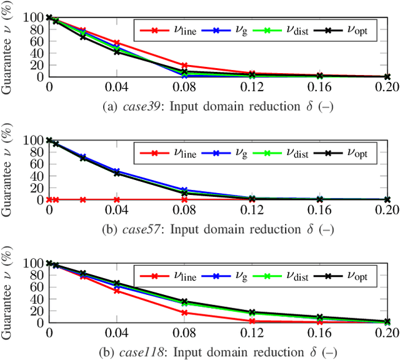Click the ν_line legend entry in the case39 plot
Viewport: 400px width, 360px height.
[169, 29]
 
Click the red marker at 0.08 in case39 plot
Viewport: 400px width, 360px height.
[184, 65]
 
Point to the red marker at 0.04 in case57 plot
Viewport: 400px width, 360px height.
[117, 199]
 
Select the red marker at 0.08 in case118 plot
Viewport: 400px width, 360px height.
[184, 312]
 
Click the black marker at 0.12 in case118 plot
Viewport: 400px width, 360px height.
[252, 312]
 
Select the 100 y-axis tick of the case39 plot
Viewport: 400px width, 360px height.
[34, 17]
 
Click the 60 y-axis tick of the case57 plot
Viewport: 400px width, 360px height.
[37, 164]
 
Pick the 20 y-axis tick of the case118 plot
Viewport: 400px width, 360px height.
[37, 311]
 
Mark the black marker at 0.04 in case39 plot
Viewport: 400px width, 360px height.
[117, 52]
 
